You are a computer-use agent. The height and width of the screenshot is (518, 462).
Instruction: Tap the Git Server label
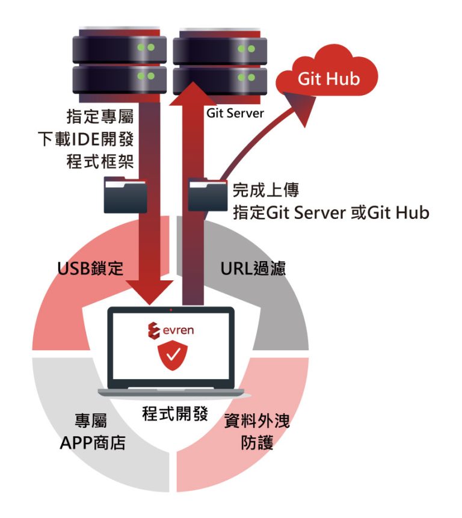pos(235,113)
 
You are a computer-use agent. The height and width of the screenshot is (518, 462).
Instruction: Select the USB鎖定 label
pos(90,268)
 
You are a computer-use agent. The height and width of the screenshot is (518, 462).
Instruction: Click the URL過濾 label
pos(253,268)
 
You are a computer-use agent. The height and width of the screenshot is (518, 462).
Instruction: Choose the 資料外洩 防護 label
pos(257,432)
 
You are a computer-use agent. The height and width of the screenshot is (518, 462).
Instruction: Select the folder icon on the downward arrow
pos(126,194)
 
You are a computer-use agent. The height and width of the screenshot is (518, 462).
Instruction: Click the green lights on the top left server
pos(146,47)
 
